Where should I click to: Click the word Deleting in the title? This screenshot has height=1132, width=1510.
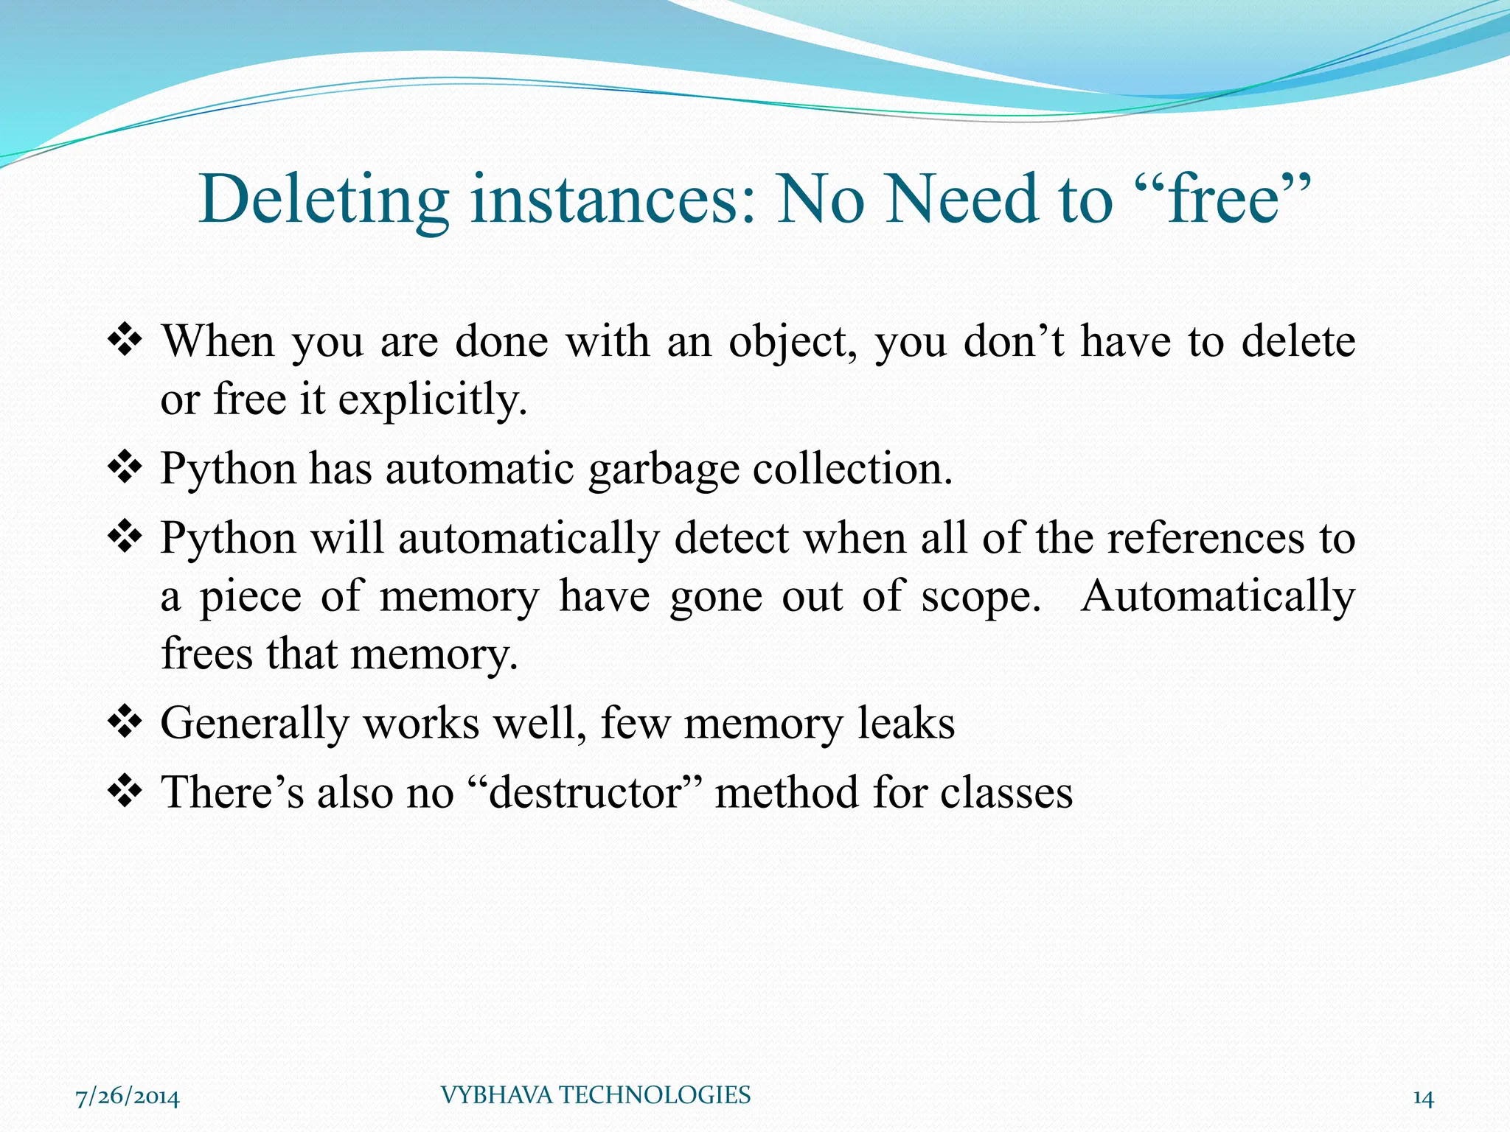[324, 199]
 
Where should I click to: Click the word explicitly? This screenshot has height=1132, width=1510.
[433, 400]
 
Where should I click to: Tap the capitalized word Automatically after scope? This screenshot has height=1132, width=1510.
[1217, 596]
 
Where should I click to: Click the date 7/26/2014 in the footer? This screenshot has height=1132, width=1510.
[128, 1097]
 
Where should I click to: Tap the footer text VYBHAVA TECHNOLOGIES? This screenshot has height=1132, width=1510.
[596, 1095]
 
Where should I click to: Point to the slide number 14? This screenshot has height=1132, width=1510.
[1423, 1098]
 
